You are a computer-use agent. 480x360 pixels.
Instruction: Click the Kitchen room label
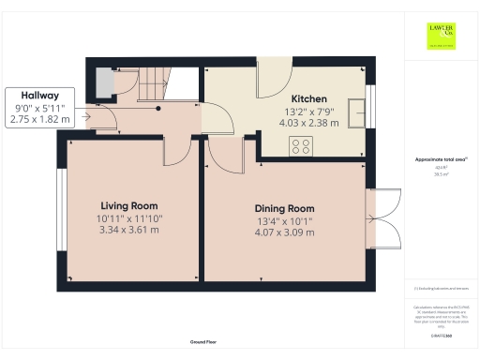coord(308,98)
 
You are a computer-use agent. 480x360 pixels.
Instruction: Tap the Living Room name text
coord(129,205)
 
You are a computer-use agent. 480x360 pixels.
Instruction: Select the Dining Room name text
coord(283,208)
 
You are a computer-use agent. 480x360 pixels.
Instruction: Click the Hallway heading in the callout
coord(35,96)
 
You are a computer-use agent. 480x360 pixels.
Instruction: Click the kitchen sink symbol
coord(355,113)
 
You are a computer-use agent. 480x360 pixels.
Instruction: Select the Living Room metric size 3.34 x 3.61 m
coord(129,230)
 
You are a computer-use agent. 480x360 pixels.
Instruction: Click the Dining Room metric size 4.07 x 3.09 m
coord(283,233)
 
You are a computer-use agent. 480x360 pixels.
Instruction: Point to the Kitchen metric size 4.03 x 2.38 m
coord(308,123)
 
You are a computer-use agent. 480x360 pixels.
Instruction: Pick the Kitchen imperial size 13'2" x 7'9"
coord(308,111)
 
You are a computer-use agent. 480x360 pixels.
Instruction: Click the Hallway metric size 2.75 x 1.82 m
coord(35,120)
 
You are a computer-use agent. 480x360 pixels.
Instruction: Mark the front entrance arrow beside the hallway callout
coord(84,117)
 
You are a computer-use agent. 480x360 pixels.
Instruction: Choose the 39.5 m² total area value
coord(440,174)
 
